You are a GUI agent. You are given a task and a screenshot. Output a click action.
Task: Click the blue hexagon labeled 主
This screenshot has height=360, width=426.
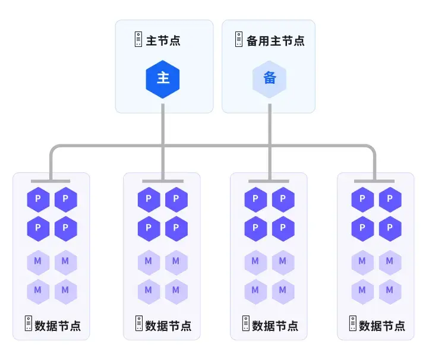click(163, 78)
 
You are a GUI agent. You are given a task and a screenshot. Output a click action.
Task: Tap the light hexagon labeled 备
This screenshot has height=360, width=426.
click(270, 78)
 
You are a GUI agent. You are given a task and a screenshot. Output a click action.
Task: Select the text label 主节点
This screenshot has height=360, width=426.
click(163, 41)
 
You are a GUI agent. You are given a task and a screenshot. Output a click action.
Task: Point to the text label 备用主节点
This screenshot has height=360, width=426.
click(275, 41)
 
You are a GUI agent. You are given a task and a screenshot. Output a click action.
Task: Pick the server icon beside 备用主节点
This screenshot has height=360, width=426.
click(238, 40)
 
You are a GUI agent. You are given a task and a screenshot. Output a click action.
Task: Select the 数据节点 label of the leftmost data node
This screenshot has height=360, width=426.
click(58, 326)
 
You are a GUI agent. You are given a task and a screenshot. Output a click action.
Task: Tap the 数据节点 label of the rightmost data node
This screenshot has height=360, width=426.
click(382, 326)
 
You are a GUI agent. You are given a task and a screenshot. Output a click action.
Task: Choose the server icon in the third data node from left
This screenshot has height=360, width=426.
click(245, 324)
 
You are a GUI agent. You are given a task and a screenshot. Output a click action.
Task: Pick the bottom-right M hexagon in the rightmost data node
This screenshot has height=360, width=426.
click(390, 290)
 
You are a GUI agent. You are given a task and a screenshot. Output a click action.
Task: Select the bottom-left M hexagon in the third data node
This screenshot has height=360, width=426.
click(255, 290)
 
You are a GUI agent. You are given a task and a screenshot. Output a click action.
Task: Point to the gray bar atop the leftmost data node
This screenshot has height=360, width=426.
click(51, 181)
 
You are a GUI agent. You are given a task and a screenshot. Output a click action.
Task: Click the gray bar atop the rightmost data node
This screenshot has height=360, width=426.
click(374, 181)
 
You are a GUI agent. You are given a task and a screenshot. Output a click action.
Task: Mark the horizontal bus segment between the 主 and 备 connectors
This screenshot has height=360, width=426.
click(216, 146)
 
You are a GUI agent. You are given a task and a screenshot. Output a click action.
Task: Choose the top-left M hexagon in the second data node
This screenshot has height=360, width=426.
click(149, 261)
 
